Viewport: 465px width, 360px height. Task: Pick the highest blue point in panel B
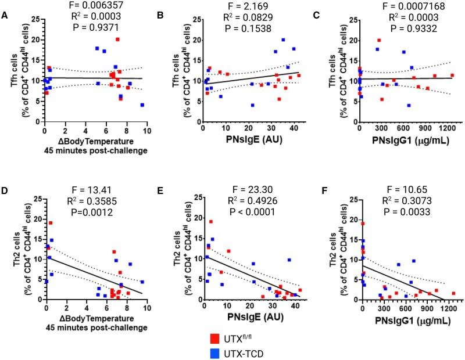click(283, 40)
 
